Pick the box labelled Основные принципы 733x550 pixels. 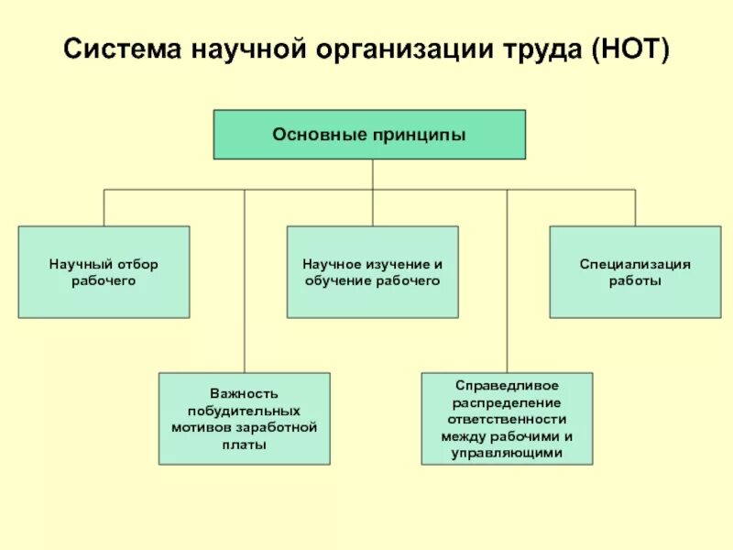click(x=369, y=135)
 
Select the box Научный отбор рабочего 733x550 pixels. click(x=104, y=272)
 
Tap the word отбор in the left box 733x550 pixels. click(x=139, y=264)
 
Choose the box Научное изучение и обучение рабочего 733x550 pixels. click(x=372, y=272)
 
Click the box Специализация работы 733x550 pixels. click(x=635, y=272)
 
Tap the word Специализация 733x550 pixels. click(x=635, y=264)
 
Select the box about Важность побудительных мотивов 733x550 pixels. click(x=244, y=418)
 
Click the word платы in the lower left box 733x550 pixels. click(x=244, y=445)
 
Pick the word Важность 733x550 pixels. click(x=244, y=392)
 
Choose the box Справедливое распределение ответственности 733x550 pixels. click(x=507, y=418)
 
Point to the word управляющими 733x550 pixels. click(x=507, y=453)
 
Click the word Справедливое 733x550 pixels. click(x=507, y=384)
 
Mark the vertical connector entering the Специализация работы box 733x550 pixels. click(x=635, y=208)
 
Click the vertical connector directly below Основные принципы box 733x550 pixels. click(x=372, y=174)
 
